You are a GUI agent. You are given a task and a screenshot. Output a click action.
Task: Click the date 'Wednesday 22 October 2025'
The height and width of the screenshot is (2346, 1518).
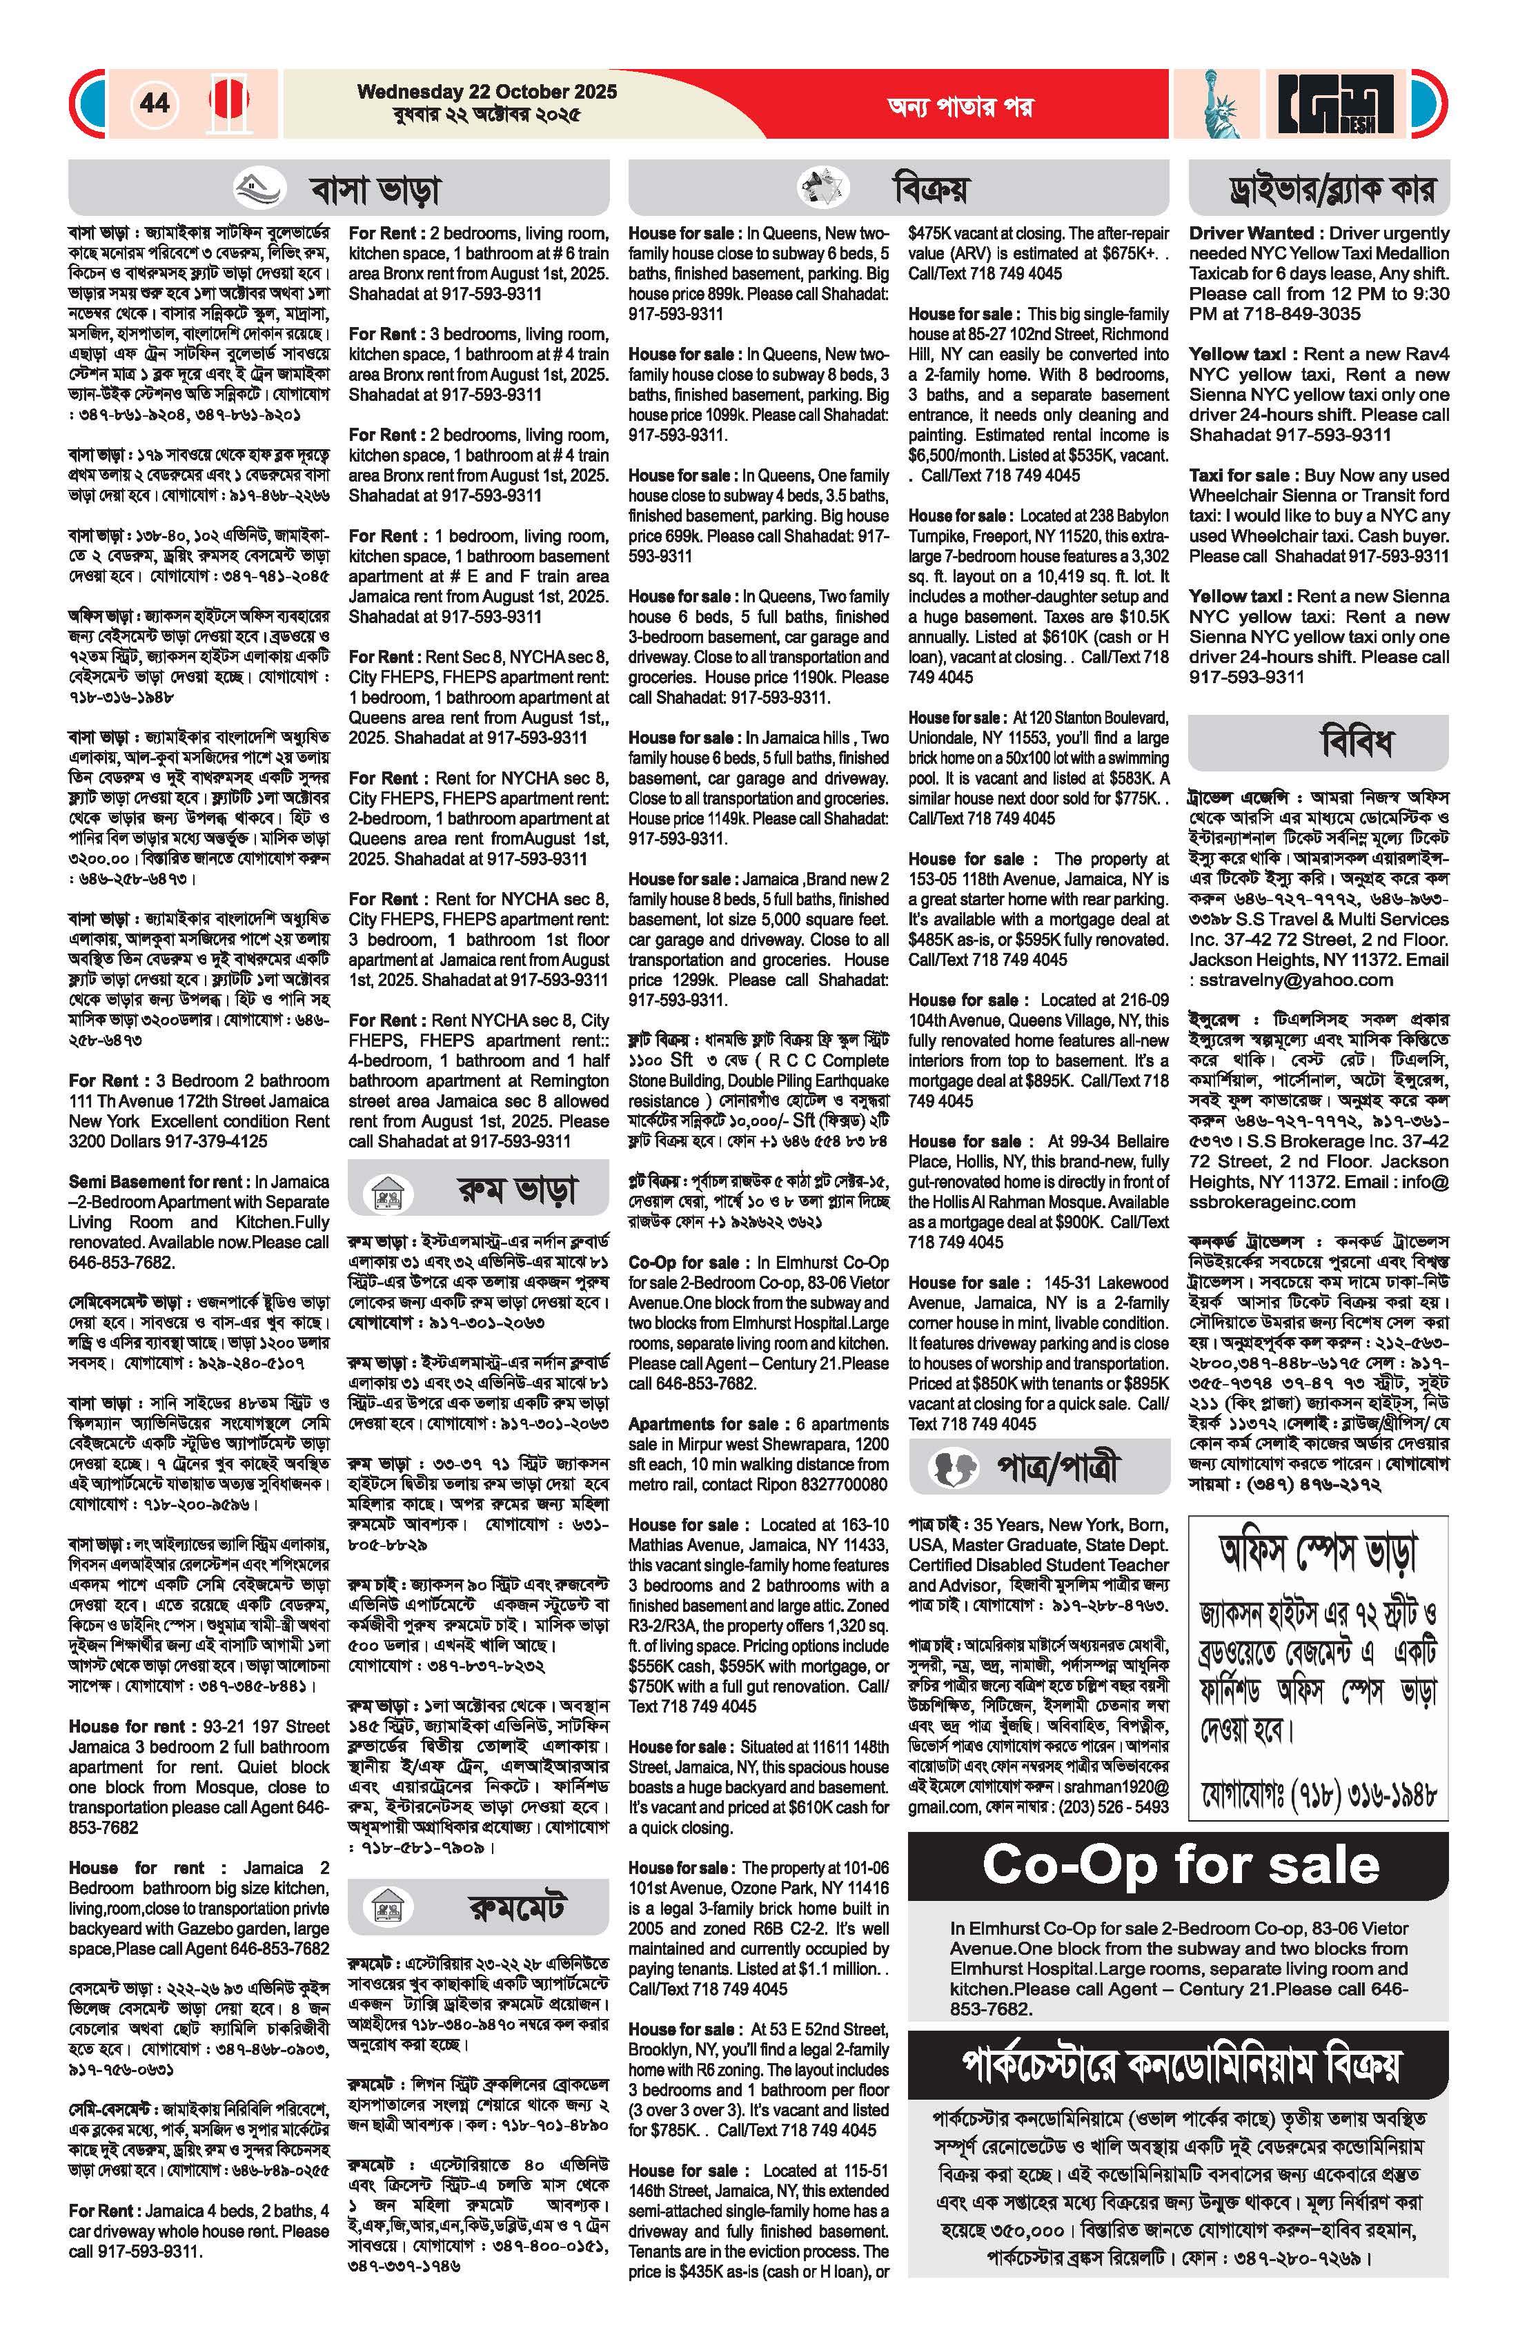[487, 92]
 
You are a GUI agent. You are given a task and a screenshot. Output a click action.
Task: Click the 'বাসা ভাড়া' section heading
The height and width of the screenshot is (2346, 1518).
[375, 189]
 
